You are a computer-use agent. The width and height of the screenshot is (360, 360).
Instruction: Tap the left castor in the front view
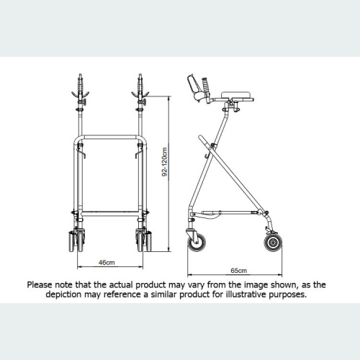tap(74, 241)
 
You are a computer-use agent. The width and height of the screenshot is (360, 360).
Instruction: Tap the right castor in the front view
tap(142, 241)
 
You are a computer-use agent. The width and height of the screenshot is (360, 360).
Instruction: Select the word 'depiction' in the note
tap(75, 295)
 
